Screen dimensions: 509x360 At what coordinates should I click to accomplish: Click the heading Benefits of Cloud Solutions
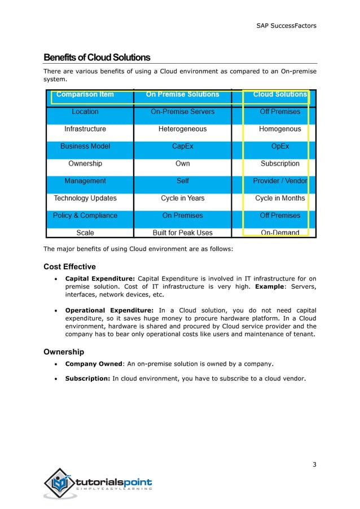tap(97, 58)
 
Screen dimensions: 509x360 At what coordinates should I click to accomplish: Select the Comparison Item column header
tap(85, 94)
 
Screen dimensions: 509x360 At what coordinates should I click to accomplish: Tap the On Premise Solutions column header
tap(182, 94)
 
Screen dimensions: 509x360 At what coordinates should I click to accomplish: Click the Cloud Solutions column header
tap(280, 94)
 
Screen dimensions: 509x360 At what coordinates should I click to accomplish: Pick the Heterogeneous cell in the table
tap(182, 129)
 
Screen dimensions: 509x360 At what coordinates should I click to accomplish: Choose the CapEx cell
tap(182, 146)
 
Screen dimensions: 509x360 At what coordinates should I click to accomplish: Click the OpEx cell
tap(280, 146)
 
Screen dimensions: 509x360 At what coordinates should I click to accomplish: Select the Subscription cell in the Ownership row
tap(280, 164)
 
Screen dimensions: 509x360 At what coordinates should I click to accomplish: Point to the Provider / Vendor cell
tap(280, 181)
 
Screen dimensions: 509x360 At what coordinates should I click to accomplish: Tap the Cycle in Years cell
tap(182, 198)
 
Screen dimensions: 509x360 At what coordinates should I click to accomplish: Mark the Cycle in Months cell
tap(280, 198)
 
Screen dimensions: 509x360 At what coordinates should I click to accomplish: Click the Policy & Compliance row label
tap(85, 216)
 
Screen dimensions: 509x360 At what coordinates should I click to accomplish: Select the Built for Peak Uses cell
tap(182, 232)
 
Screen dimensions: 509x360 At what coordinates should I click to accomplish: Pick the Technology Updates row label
tap(85, 198)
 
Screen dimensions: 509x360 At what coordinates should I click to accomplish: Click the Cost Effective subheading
tap(69, 266)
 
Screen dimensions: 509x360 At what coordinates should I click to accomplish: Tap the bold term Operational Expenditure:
tap(109, 310)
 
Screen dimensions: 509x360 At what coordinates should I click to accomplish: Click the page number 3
tap(314, 464)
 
